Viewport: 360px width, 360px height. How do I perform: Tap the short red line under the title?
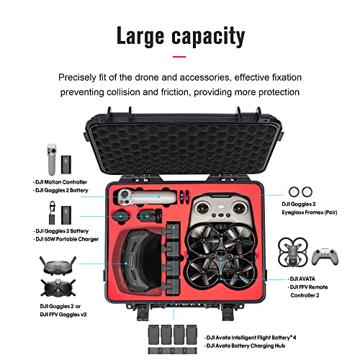[179, 55]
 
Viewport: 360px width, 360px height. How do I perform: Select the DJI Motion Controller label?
[58, 182]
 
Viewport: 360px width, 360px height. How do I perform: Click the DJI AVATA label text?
[305, 278]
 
